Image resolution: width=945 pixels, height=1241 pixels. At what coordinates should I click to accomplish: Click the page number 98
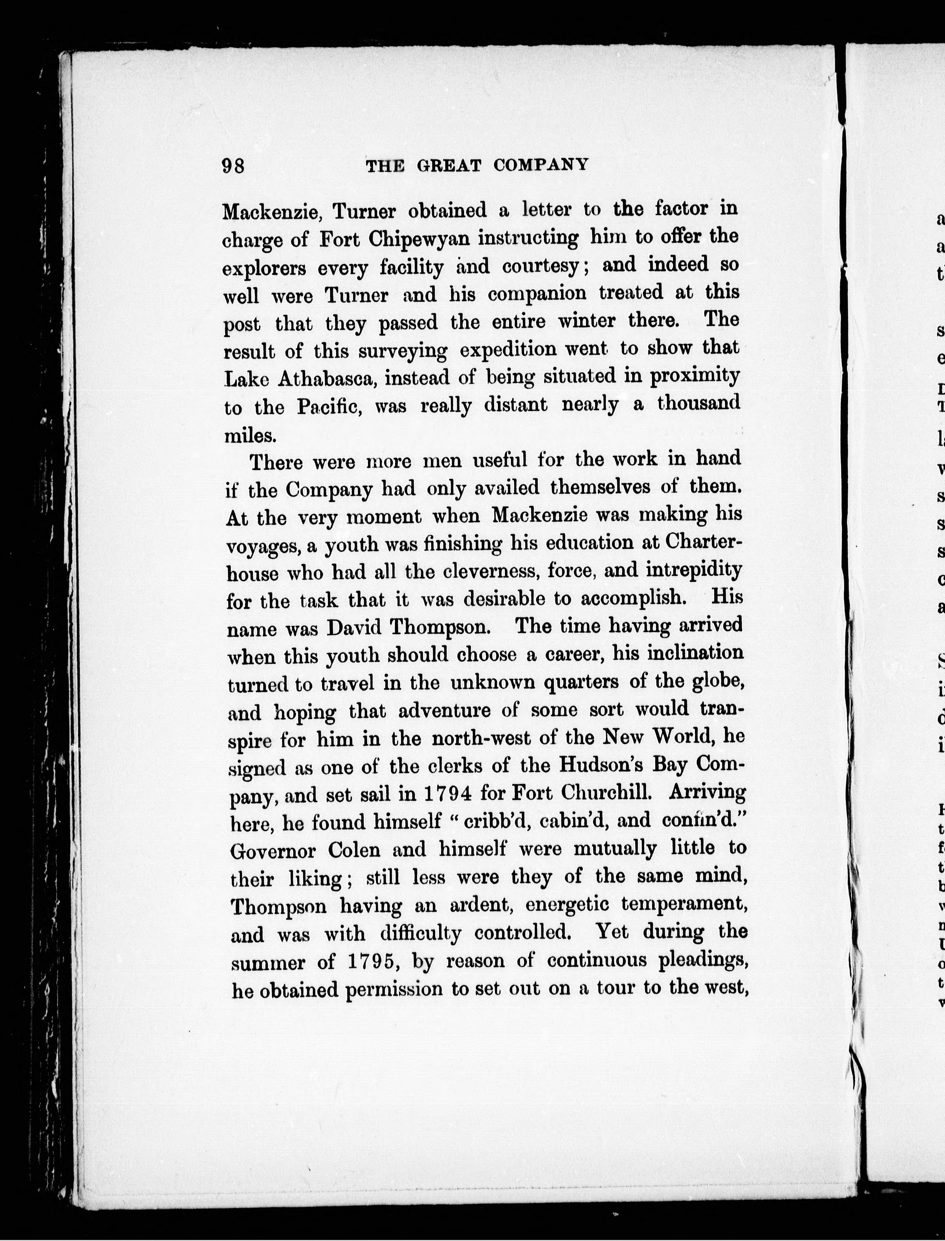click(x=233, y=167)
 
